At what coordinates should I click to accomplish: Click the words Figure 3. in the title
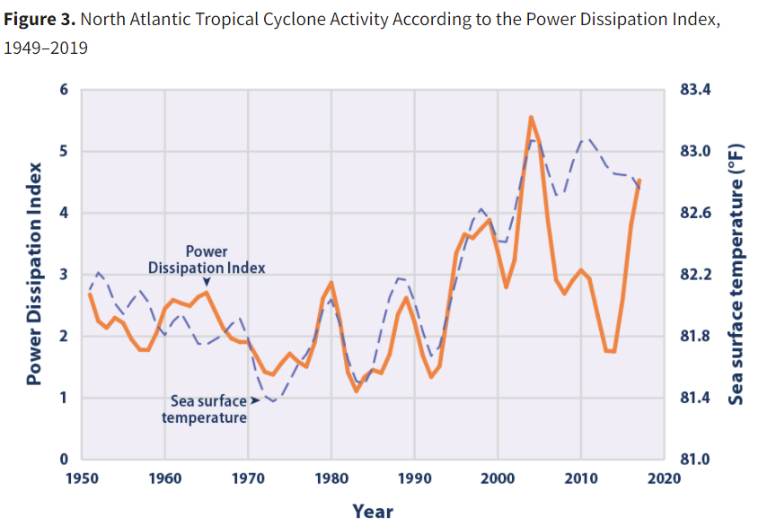tap(35, 20)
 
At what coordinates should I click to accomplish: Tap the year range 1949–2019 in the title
tap(46, 48)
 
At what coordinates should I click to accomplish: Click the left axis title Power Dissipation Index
tap(34, 274)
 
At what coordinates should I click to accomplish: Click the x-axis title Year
tap(372, 511)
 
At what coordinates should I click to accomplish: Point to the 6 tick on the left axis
tap(64, 90)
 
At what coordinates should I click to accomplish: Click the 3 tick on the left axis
tap(64, 275)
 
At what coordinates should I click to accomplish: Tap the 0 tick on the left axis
tap(64, 460)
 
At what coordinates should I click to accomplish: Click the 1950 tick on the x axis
tap(82, 477)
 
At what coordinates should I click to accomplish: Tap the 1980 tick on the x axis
tap(331, 477)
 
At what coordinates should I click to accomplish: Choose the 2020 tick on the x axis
tap(664, 477)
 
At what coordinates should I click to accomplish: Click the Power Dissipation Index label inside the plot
tap(207, 259)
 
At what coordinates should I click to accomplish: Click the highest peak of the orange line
tap(531, 117)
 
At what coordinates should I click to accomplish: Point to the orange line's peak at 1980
tap(331, 283)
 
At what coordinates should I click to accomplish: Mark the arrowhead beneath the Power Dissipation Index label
tap(206, 281)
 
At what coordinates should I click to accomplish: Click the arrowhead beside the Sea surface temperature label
tap(255, 401)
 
